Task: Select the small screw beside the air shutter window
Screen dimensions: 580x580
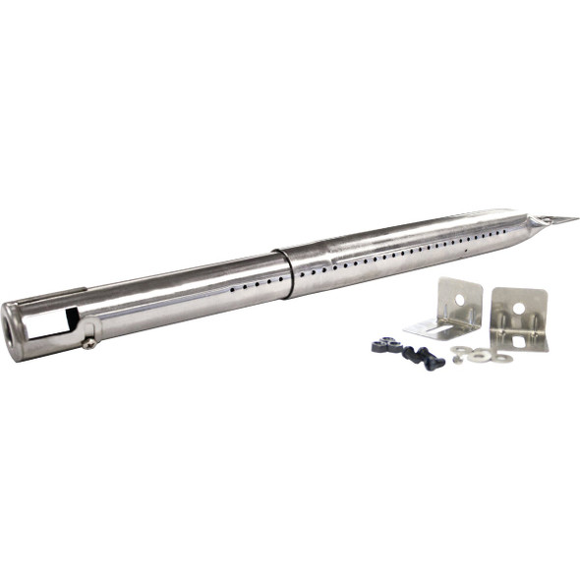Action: pos(89,343)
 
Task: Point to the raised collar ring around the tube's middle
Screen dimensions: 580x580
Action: pos(286,272)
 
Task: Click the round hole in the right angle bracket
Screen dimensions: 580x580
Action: pos(518,309)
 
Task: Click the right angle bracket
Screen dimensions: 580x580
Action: pos(518,319)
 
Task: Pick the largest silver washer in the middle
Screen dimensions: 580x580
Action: pos(479,355)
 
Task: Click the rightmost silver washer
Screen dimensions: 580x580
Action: pos(501,358)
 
